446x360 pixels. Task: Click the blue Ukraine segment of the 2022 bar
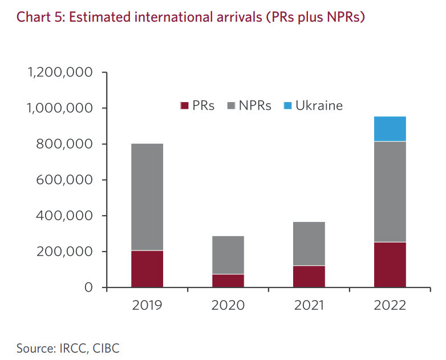[390, 128]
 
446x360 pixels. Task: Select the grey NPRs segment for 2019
[147, 196]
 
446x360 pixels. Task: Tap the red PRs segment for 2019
[147, 269]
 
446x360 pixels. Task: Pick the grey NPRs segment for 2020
[228, 254]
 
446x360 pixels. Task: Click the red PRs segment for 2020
[228, 281]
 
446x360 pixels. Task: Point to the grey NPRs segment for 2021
[309, 243]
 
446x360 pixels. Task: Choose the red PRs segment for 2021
[309, 276]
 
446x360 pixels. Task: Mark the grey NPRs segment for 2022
[390, 191]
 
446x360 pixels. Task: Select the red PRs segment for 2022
[390, 265]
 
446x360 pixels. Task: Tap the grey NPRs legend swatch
[230, 106]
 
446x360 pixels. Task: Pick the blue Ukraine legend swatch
[287, 106]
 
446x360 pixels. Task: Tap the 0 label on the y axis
[88, 288]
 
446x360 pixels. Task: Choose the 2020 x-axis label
[228, 305]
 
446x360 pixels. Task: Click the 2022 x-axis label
[390, 305]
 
